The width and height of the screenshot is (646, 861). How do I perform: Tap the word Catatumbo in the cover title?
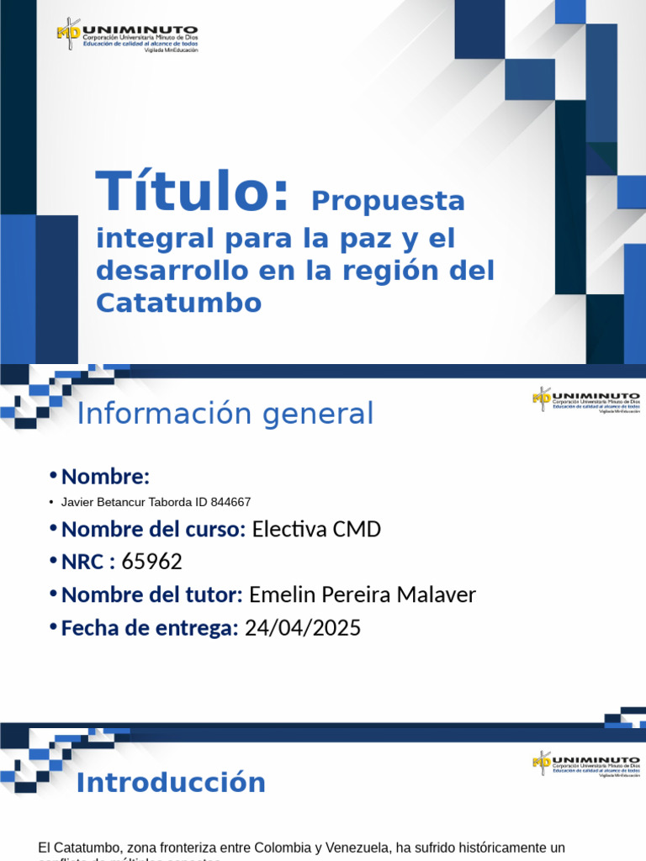179,303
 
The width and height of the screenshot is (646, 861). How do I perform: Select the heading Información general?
225,414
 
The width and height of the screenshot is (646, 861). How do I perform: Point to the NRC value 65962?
151,562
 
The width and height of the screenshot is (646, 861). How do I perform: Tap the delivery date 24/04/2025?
302,627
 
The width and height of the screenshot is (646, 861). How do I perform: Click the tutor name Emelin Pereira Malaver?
363,594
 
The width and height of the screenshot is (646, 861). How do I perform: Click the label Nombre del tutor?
152,594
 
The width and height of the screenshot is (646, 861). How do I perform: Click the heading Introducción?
171,783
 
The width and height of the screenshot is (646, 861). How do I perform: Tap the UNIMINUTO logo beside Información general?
585,399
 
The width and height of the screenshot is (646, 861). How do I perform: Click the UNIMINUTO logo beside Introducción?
585,764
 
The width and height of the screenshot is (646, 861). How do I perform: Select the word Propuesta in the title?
388,202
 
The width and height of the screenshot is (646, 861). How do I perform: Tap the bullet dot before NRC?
53,561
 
